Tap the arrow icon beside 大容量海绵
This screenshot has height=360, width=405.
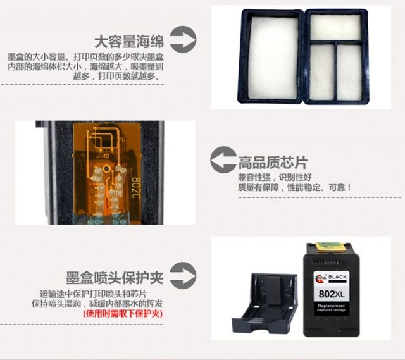pyautogui.click(x=183, y=39)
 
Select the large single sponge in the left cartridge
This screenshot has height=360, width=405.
pyautogui.click(x=273, y=58)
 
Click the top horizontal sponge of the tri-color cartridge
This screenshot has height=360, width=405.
pyautogui.click(x=335, y=27)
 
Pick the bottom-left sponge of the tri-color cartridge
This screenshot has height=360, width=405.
pyautogui.click(x=322, y=72)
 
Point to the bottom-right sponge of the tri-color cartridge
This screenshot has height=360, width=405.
pyautogui.click(x=349, y=72)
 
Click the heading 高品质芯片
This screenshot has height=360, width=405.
pyautogui.click(x=273, y=163)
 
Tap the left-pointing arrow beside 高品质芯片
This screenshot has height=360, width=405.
pyautogui.click(x=223, y=159)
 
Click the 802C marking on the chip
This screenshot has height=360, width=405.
pyautogui.click(x=136, y=188)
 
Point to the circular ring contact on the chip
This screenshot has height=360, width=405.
pyautogui.click(x=106, y=169)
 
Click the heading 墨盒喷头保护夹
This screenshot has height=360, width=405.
pyautogui.click(x=115, y=278)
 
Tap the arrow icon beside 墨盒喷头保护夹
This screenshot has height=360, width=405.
pyautogui.click(x=183, y=276)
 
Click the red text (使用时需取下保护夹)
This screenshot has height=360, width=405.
pyautogui.click(x=123, y=314)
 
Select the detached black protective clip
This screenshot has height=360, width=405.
pyautogui.click(x=265, y=303)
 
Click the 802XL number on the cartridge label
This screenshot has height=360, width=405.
pyautogui.click(x=332, y=294)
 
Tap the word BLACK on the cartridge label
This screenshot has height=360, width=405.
pyautogui.click(x=337, y=277)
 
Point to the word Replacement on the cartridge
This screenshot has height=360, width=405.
pyautogui.click(x=332, y=306)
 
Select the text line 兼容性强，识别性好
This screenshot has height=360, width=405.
pyautogui.click(x=275, y=177)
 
